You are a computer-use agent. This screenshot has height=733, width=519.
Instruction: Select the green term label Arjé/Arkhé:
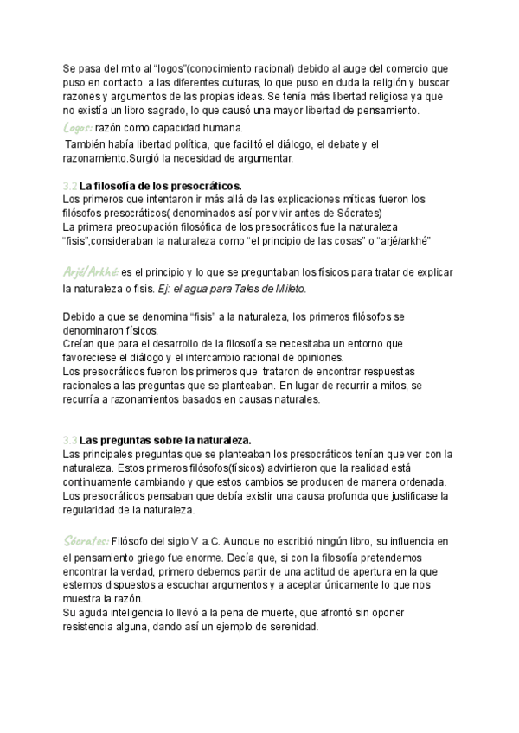pos(91,271)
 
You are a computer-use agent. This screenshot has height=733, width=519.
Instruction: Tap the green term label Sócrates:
pos(86,540)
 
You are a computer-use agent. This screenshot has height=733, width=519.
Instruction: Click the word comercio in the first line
pos(400,67)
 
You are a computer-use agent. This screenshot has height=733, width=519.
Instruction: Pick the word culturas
pos(226,82)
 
